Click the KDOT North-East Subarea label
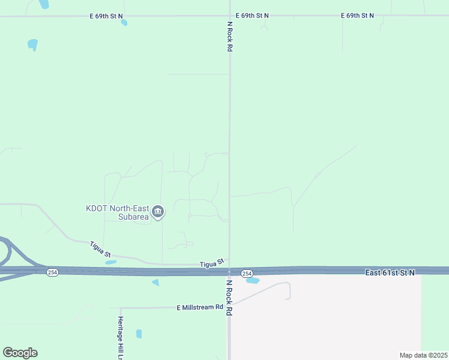pos(117,212)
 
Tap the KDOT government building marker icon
pos(158,211)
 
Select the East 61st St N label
pos(390,272)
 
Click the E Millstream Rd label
pos(199,307)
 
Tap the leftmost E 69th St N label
pos(107,16)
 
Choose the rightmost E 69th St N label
pos(357,16)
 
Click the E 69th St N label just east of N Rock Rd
pos(252,16)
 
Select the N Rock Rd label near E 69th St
pos(229,36)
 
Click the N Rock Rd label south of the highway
pos(229,297)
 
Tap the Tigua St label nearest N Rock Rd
pos(212,263)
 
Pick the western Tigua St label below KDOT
pos(100,250)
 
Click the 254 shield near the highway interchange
pos(53,272)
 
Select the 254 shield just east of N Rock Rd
pos(247,274)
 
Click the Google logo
pos(20,353)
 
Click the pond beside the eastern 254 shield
pos(253,280)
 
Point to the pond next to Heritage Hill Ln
pos(139,334)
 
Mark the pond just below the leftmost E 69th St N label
pos(124,23)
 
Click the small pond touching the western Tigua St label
pos(110,262)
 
